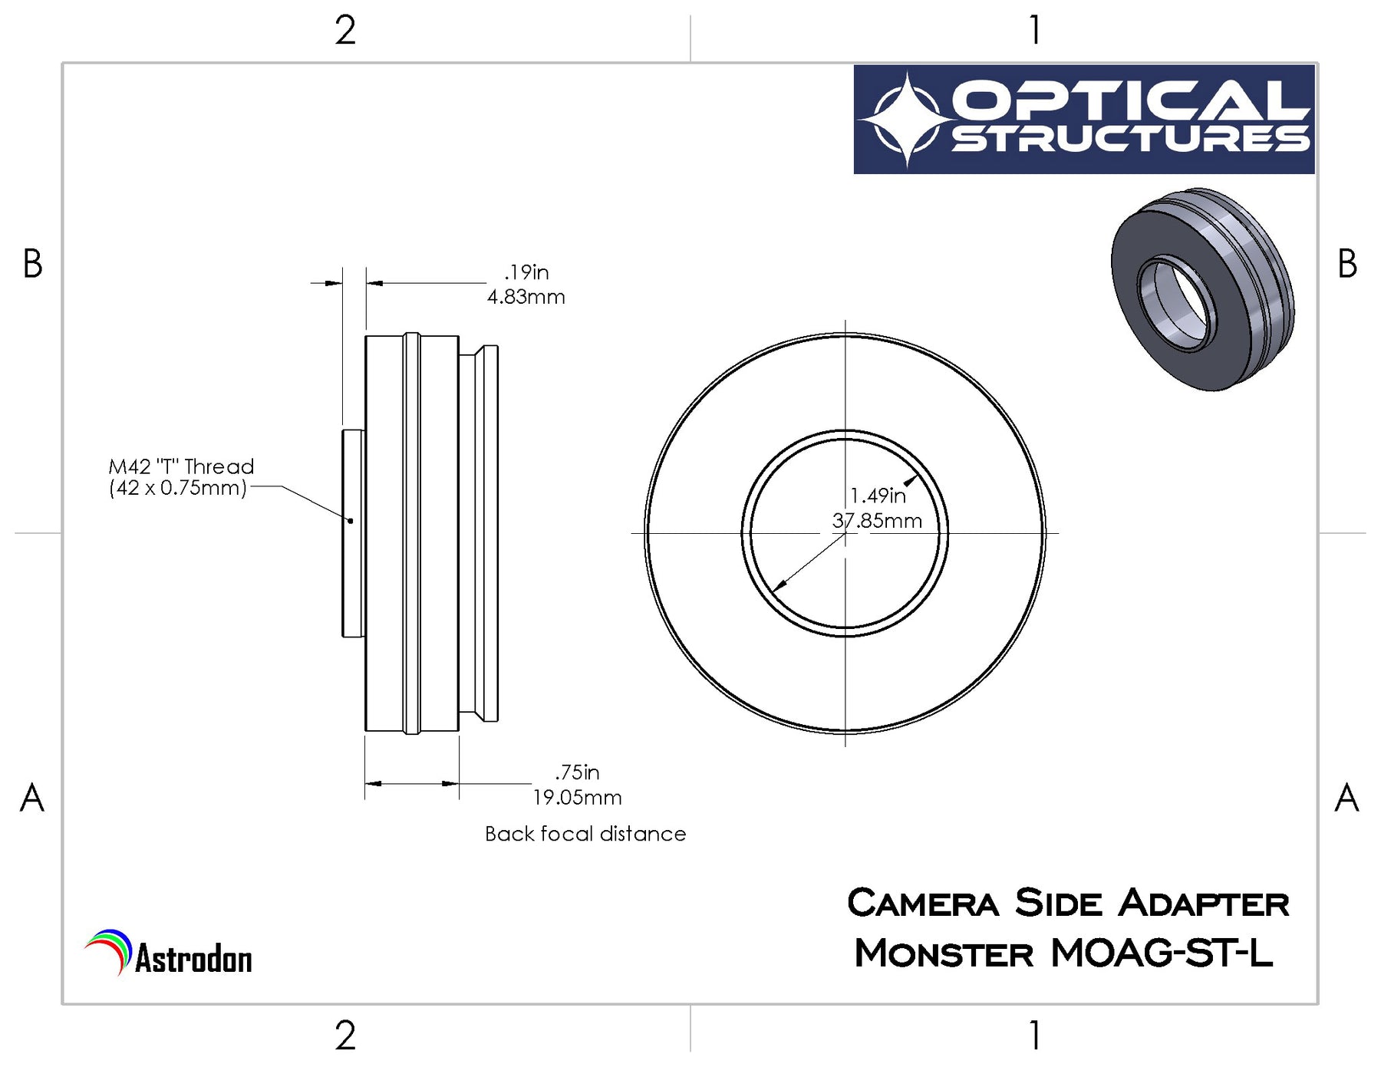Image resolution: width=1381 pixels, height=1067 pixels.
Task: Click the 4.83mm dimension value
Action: pyautogui.click(x=526, y=297)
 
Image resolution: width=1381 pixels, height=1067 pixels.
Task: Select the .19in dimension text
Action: pyautogui.click(x=526, y=272)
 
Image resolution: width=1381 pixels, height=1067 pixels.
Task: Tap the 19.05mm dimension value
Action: pyautogui.click(x=577, y=797)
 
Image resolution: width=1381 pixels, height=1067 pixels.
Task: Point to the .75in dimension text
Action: pyautogui.click(x=577, y=772)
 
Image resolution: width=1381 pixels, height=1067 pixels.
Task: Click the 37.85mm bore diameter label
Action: pyautogui.click(x=877, y=521)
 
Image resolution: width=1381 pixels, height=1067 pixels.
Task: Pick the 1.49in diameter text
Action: pyautogui.click(x=878, y=496)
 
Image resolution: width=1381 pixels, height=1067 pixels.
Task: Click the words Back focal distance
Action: pyautogui.click(x=585, y=834)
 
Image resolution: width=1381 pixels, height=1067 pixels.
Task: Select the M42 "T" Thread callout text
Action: pyautogui.click(x=181, y=466)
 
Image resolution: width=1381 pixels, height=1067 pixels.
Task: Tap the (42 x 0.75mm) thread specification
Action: pyautogui.click(x=178, y=488)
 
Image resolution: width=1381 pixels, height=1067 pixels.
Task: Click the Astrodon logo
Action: pyautogui.click(x=169, y=953)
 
